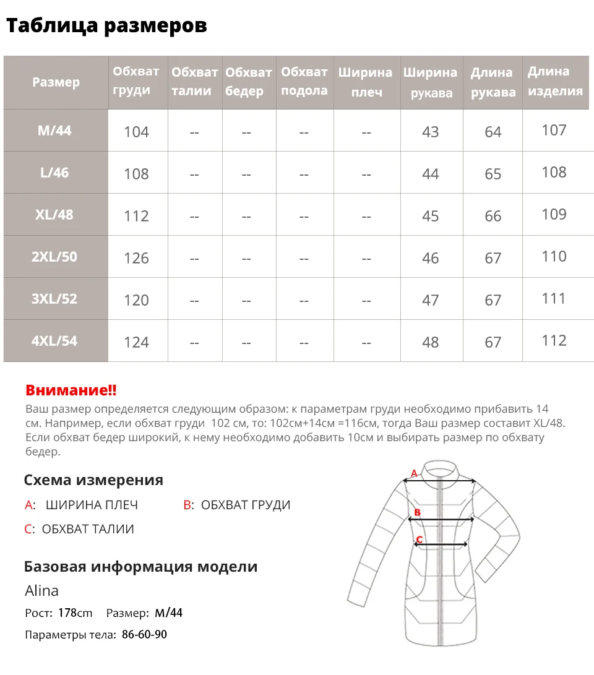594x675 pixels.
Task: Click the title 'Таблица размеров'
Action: click(x=106, y=25)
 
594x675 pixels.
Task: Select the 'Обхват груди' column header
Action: click(x=136, y=81)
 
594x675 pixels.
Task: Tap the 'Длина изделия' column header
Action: click(x=554, y=81)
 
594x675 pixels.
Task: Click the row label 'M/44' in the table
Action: click(x=55, y=131)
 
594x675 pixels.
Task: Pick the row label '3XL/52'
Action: click(x=54, y=299)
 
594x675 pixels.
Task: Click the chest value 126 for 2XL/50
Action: click(x=136, y=258)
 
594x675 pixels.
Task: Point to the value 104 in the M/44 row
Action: click(x=136, y=132)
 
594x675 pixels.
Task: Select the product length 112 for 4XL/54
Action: click(x=554, y=341)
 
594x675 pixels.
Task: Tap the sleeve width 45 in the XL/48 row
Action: click(x=430, y=216)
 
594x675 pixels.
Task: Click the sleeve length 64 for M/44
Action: click(x=493, y=132)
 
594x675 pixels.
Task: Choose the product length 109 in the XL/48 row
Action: click(x=554, y=214)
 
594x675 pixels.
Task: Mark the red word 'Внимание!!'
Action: click(x=71, y=390)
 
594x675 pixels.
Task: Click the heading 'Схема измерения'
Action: click(x=93, y=480)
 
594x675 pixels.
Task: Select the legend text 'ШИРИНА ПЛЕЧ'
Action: click(x=92, y=505)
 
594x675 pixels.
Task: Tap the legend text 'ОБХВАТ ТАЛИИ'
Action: click(x=88, y=529)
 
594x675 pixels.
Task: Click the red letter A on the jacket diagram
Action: click(x=414, y=474)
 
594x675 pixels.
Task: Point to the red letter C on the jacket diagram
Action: click(x=419, y=540)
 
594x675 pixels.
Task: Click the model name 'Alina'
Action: click(x=41, y=591)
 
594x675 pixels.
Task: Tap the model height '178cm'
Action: click(x=75, y=613)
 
